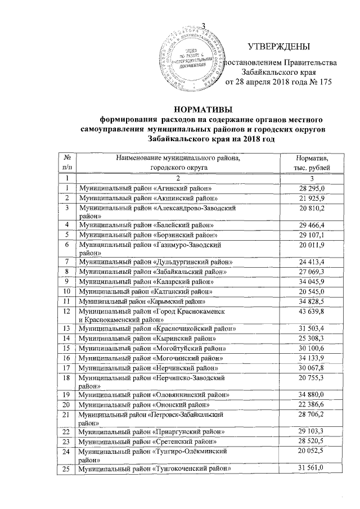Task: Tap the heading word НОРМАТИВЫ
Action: pyautogui.click(x=203, y=109)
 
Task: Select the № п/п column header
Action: pyautogui.click(x=67, y=163)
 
